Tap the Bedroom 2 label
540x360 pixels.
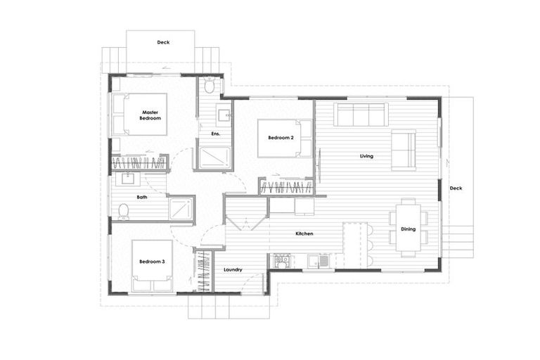(281, 138)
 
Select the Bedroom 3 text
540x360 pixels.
(152, 262)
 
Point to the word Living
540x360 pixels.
(366, 155)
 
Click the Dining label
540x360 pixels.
(408, 229)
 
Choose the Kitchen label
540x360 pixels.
(304, 233)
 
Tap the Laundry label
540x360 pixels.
(233, 270)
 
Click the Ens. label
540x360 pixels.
(216, 134)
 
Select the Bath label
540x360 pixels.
(142, 198)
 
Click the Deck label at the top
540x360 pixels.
(163, 42)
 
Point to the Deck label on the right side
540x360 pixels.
(456, 188)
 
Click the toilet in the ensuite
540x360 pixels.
(210, 86)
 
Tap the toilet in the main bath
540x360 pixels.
(124, 210)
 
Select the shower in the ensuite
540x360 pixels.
(214, 157)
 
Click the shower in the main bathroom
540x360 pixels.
(181, 209)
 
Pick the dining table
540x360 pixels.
(409, 224)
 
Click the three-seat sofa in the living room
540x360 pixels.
(361, 114)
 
